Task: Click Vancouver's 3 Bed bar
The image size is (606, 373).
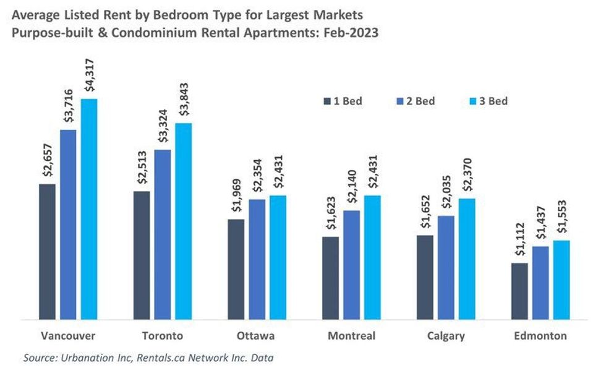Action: click(x=89, y=209)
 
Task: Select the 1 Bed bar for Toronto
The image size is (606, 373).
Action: click(x=142, y=255)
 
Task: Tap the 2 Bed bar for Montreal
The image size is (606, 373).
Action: click(x=351, y=265)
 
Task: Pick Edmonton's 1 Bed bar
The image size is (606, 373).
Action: click(x=520, y=291)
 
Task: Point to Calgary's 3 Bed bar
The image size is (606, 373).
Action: click(x=467, y=259)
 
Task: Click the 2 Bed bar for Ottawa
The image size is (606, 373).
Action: click(x=257, y=259)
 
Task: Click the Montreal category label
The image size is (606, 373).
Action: click(x=351, y=336)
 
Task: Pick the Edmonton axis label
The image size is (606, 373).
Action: click(x=541, y=336)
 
